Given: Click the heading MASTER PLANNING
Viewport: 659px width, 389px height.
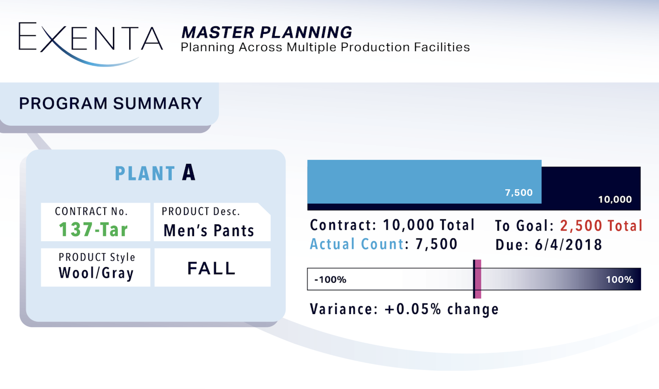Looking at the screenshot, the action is [267, 32].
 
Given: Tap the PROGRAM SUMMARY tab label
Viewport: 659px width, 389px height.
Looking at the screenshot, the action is [111, 103].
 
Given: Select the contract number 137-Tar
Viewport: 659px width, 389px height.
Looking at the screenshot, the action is [93, 229].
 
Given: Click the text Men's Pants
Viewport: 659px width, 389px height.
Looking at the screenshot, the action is [209, 230].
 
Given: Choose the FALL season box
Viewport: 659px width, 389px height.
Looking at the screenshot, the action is [212, 267].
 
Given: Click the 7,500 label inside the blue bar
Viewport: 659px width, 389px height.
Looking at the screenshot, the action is [519, 193].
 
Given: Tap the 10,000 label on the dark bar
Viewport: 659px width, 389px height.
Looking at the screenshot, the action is [615, 200].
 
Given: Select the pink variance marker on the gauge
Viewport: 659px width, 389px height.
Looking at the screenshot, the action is [477, 279].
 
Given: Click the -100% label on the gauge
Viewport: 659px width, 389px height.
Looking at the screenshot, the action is [330, 280].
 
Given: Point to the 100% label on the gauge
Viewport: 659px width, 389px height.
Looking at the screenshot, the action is [620, 280].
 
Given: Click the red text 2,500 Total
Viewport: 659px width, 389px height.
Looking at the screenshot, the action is [601, 226].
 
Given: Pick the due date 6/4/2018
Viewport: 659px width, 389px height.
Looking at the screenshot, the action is [569, 245].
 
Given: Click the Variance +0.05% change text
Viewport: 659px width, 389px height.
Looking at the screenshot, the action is [404, 309].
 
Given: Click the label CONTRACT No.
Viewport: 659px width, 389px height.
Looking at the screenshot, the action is [91, 211].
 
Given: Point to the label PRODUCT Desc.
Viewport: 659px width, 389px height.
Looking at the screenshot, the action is [201, 211].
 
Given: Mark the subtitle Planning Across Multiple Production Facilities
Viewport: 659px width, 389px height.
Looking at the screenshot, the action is [325, 47].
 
